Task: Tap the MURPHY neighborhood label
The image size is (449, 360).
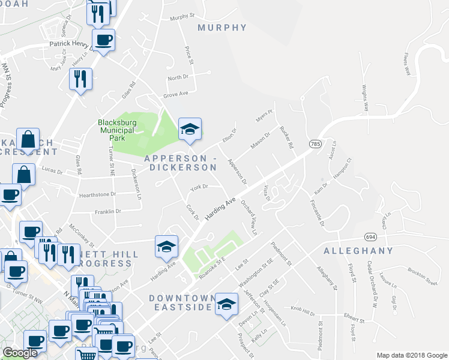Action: pos(222,28)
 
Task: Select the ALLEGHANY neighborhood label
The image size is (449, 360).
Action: pos(358,250)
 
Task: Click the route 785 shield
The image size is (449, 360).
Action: pos(316,144)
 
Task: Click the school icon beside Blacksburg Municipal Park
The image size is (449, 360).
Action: pos(190,129)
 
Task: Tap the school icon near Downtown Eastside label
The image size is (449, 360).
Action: pos(226,305)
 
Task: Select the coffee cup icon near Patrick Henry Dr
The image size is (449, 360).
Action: pos(103,40)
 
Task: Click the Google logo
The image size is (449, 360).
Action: pos(20,353)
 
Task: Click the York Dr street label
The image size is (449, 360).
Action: pos(199,187)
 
